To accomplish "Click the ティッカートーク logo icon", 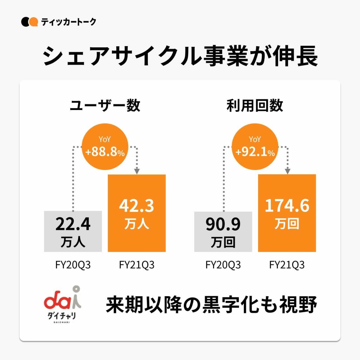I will point(29,22).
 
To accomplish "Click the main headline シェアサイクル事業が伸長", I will point(180,56).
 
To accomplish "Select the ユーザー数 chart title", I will point(105,106).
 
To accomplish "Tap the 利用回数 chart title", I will point(255,106).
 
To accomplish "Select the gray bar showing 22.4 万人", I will point(73,231).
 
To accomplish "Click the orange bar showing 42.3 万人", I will point(137,213).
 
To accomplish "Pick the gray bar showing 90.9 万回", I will point(223,232).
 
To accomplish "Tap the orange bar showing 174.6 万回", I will point(287,213).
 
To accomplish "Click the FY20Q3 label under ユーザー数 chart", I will point(73,265).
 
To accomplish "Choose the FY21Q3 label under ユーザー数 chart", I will point(137,265).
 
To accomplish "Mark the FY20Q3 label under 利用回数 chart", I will point(223,265).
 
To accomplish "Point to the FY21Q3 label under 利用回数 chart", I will point(287,265).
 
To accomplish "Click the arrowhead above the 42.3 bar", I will point(137,171).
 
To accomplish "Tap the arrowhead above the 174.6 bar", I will point(287,171).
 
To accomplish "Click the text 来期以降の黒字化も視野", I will point(211,305).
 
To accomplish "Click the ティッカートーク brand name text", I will point(69,22).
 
